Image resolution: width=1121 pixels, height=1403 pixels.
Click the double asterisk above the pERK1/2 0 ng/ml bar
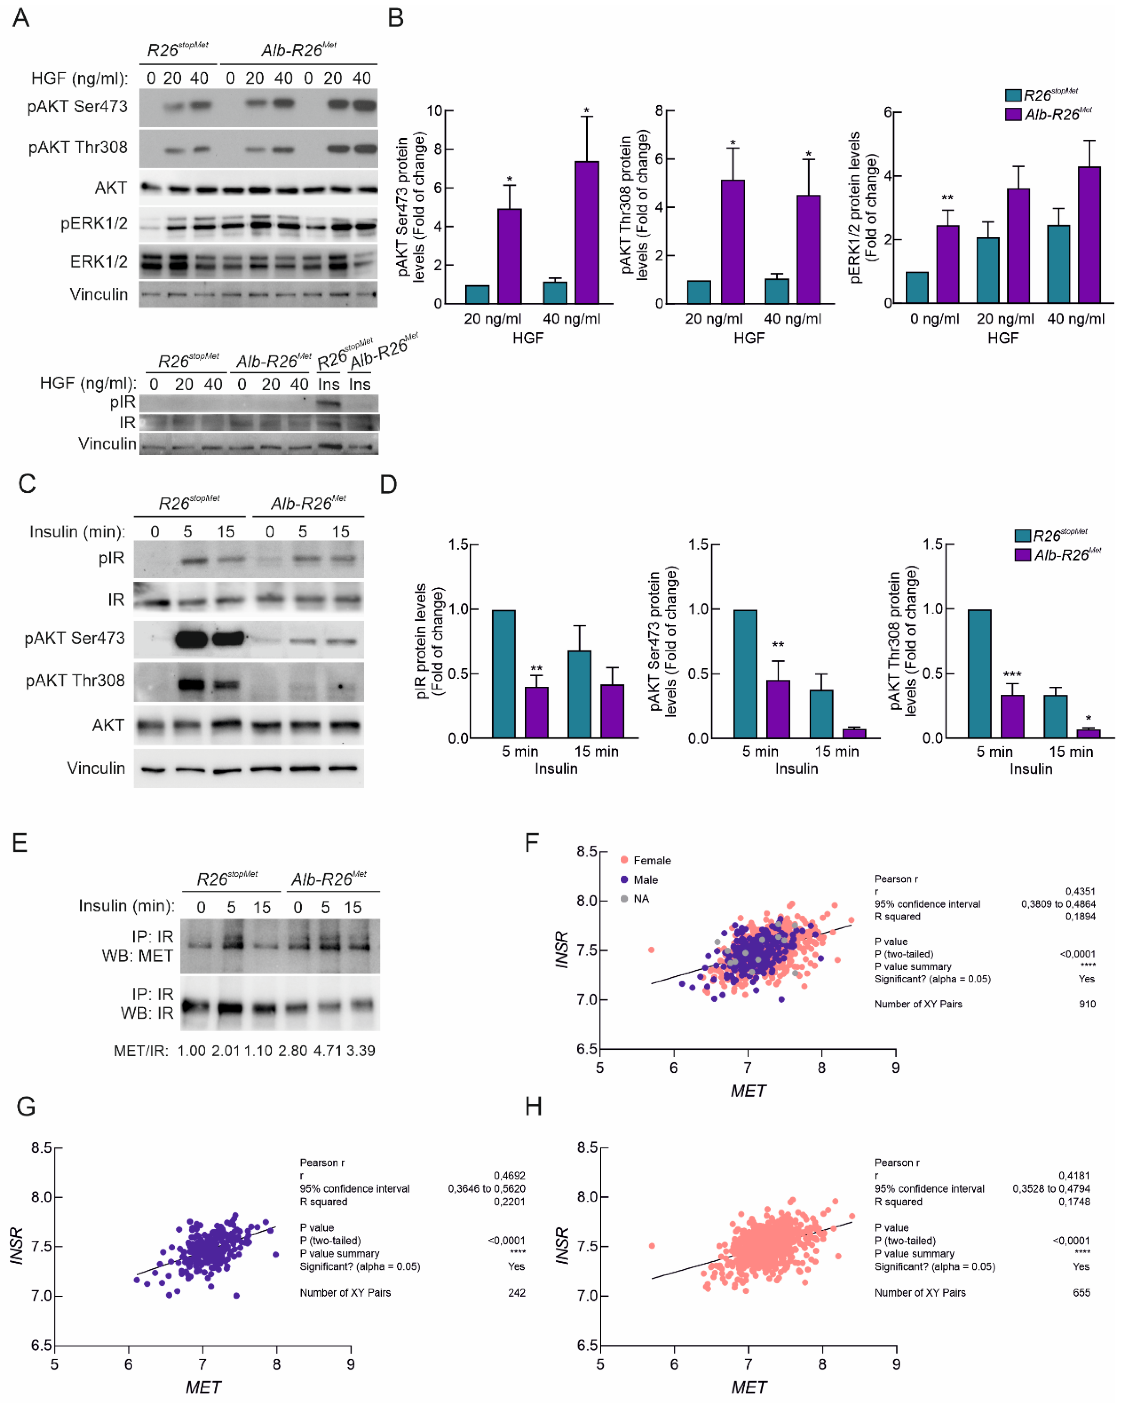pos(947,199)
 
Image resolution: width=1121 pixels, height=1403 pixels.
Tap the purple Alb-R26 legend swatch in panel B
pos(1013,114)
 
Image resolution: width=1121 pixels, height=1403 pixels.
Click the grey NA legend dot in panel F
pos(624,899)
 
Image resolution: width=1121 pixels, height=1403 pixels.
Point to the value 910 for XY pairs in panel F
pos(1087,1004)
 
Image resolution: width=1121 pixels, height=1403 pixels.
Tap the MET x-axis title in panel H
pos(748,1387)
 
